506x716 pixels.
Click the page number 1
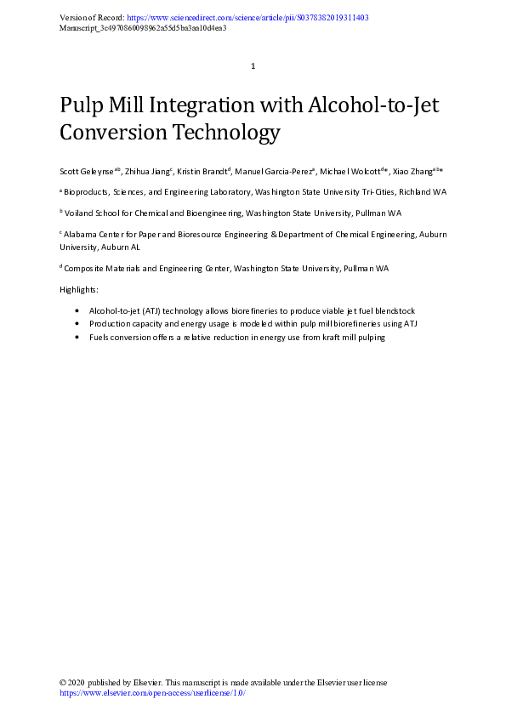click(253, 66)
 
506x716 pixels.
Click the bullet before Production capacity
click(79, 324)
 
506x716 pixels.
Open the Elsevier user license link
click(152, 693)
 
